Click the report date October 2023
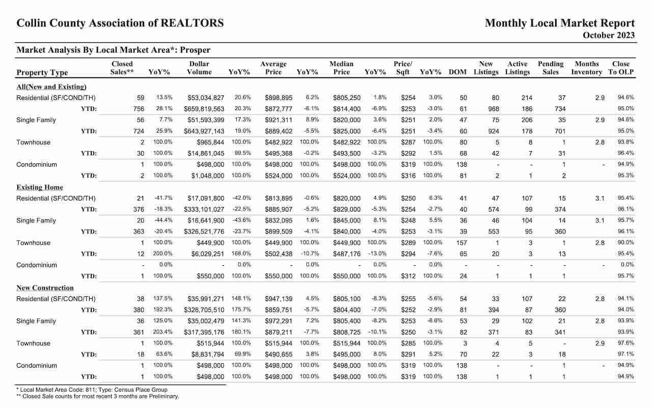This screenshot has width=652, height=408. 608,35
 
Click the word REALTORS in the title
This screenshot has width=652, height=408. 192,23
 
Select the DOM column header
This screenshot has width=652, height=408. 457,72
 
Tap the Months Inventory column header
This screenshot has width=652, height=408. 586,68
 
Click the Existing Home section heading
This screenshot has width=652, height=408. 40,187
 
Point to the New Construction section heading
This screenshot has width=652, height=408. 45,288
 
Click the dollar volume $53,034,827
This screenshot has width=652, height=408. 206,98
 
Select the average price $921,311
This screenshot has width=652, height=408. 279,120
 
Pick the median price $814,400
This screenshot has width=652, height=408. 347,109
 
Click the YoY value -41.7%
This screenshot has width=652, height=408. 164,198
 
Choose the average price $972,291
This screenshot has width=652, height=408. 279,321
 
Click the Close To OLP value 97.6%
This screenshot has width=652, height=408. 626,343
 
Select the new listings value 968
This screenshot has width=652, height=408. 494,109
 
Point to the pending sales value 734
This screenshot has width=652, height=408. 560,109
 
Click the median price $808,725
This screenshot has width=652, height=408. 347,332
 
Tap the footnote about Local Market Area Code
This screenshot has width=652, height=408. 92,390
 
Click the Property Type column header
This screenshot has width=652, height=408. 42,72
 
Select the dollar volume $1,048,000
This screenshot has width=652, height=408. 207,176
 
